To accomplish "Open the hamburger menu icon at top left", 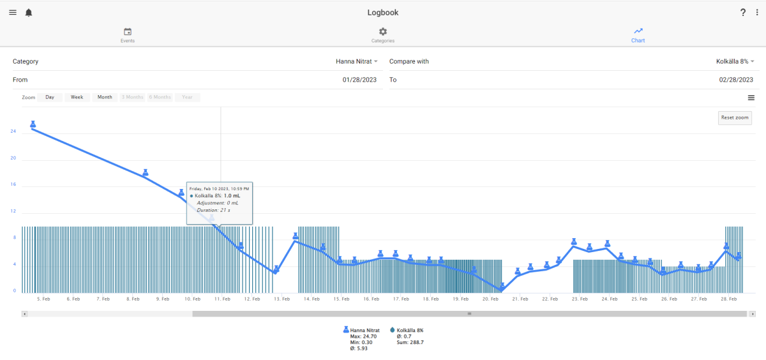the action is point(13,13).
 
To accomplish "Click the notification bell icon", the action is point(29,13).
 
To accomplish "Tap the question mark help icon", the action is point(743,13).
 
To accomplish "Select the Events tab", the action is point(128,36).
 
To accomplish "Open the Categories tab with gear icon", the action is point(382,36).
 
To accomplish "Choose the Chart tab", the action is point(638,36).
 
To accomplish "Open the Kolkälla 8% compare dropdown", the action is point(735,61).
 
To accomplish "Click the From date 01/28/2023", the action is point(359,80).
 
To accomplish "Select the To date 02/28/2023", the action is point(736,80).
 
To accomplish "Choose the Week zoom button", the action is point(77,97).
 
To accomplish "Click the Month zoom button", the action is point(105,97).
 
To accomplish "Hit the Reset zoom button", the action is point(735,117).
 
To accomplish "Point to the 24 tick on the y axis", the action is point(13,131).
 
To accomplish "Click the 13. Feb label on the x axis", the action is point(282,299).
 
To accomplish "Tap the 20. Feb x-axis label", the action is point(490,299).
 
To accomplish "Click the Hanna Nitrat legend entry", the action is point(361,330).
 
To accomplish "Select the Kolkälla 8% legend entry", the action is point(407,330).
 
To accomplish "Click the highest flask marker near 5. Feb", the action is point(33,124).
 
